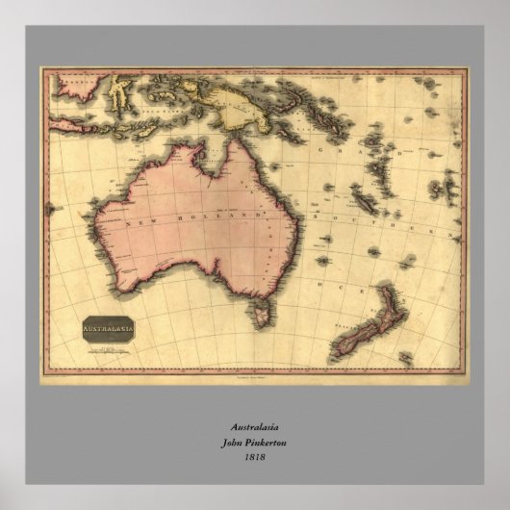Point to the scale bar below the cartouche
(x=108, y=348)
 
